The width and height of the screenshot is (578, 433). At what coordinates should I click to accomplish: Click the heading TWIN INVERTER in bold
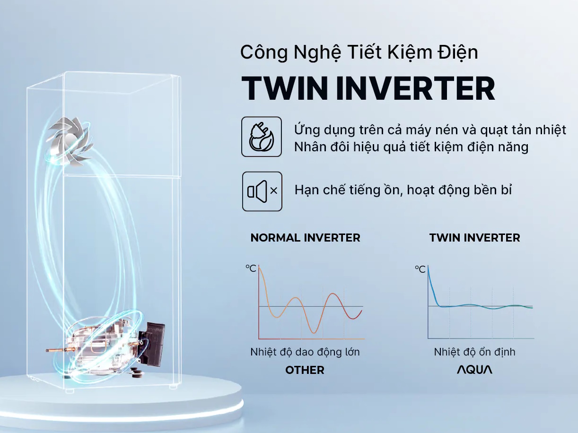coord(368,88)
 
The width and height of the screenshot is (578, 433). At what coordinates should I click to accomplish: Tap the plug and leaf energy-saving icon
coord(262,137)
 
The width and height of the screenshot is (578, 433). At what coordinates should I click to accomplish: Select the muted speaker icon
coord(262,191)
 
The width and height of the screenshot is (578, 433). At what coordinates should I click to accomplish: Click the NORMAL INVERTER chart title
coord(305,238)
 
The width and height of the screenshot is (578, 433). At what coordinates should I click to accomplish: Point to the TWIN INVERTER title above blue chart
coord(474,238)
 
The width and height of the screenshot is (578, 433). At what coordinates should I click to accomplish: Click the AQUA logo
coord(474,370)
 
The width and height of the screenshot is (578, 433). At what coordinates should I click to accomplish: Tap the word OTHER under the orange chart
coord(305,370)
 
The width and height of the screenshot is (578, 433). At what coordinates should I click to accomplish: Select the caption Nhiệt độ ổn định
coord(474,352)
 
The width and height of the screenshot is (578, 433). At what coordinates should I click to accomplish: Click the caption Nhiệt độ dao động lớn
coord(305,352)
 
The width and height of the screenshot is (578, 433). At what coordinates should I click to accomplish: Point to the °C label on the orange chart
coord(251,268)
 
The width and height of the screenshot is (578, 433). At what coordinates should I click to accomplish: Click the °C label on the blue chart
coord(420,269)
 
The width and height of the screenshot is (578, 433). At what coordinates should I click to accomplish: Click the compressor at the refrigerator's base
coord(102,343)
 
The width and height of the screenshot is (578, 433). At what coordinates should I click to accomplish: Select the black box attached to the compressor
coord(154,343)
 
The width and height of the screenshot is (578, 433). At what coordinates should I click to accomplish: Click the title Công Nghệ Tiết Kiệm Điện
coord(359,52)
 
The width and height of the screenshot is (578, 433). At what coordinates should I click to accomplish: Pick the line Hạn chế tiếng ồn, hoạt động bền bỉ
coord(403,191)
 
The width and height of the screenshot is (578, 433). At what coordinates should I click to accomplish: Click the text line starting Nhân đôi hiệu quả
coord(411,147)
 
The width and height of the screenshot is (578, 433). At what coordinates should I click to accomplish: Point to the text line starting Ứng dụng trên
coord(429,130)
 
